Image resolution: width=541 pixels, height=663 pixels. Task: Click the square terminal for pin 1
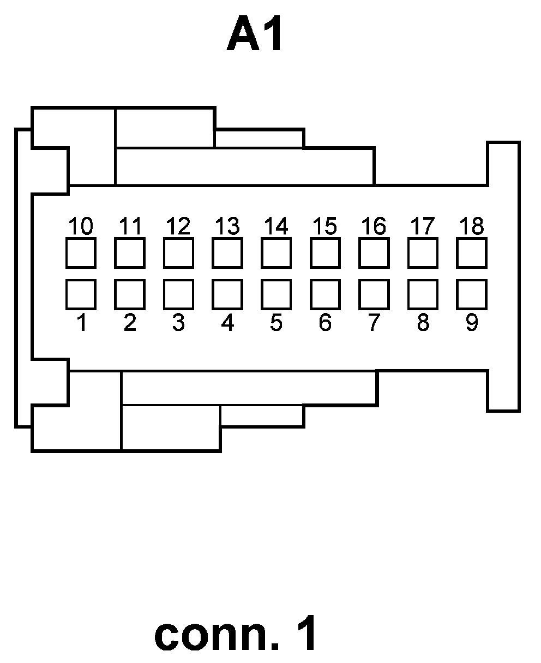(81, 294)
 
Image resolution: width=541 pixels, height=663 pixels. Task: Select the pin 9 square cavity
(472, 294)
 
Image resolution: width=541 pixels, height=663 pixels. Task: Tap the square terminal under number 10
(81, 253)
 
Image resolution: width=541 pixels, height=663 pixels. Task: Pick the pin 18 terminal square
(472, 253)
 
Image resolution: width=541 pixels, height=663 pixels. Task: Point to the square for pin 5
(276, 294)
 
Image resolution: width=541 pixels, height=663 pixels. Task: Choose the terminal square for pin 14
(276, 253)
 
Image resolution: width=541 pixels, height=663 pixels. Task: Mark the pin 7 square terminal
(374, 294)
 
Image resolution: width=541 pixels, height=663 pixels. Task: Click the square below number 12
(178, 253)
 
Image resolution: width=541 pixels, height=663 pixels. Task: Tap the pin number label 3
(178, 323)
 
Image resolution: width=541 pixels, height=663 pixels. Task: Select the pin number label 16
(374, 226)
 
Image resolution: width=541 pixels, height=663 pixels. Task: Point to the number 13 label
(227, 226)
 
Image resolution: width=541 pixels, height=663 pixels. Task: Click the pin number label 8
(423, 323)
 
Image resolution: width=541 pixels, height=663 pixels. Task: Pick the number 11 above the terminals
(130, 226)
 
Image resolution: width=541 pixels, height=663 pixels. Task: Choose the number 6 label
(325, 323)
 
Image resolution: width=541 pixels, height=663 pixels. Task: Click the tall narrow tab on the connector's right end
(503, 276)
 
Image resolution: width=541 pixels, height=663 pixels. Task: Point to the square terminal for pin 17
(423, 253)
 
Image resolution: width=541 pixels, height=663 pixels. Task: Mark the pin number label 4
(227, 323)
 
